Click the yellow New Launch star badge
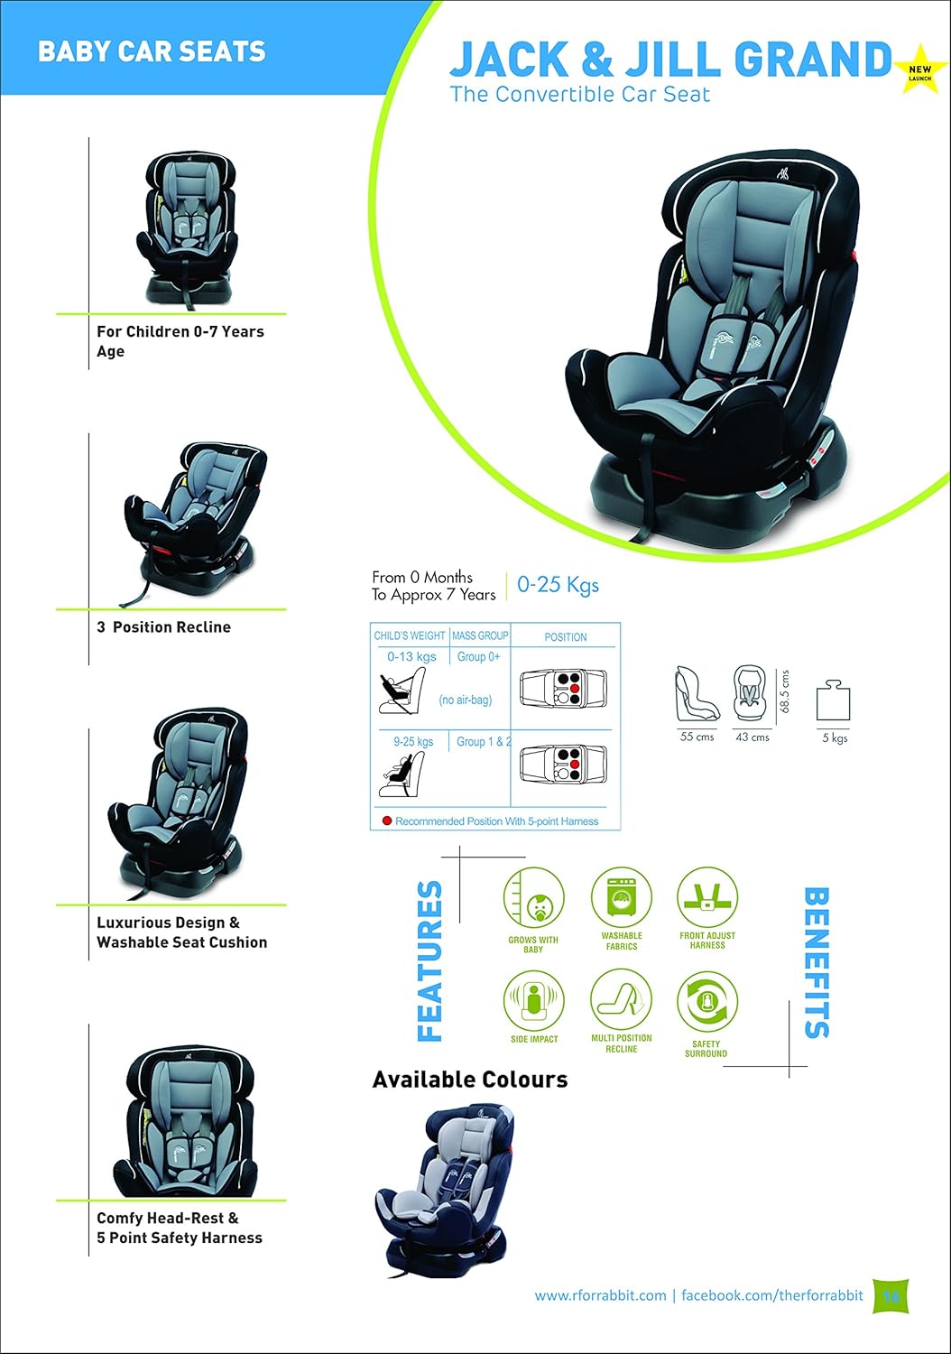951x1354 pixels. tap(919, 70)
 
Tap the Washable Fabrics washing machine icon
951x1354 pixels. tap(622, 898)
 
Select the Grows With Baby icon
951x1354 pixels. tap(533, 898)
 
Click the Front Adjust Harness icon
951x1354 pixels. tap(707, 898)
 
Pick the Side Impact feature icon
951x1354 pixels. tap(533, 1000)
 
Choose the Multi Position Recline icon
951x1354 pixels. tap(621, 999)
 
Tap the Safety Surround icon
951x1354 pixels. tap(706, 1002)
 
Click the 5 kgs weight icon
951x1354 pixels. tap(834, 701)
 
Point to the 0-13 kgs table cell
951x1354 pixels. tap(411, 657)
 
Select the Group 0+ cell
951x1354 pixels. tap(478, 657)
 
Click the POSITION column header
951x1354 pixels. tap(566, 637)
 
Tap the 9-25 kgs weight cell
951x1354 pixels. tap(413, 742)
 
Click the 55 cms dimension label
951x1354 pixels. tap(697, 737)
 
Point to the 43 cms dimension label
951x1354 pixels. tap(752, 737)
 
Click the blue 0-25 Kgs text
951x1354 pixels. tap(558, 585)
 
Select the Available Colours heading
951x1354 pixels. tap(470, 1080)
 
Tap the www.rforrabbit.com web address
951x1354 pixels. tap(600, 1295)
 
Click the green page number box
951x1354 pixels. tap(891, 1295)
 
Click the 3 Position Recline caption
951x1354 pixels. tap(163, 627)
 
